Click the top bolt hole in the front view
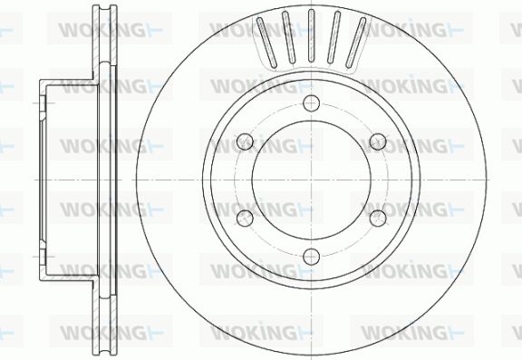point(312,102)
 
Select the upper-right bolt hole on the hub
point(378,141)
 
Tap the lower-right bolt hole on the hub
point(378,218)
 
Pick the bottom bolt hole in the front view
point(312,257)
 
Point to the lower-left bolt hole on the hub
point(245,218)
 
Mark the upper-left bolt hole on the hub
point(245,141)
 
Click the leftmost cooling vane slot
point(266,43)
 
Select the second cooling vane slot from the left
point(288,37)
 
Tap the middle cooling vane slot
point(312,35)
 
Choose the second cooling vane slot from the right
point(333,37)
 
